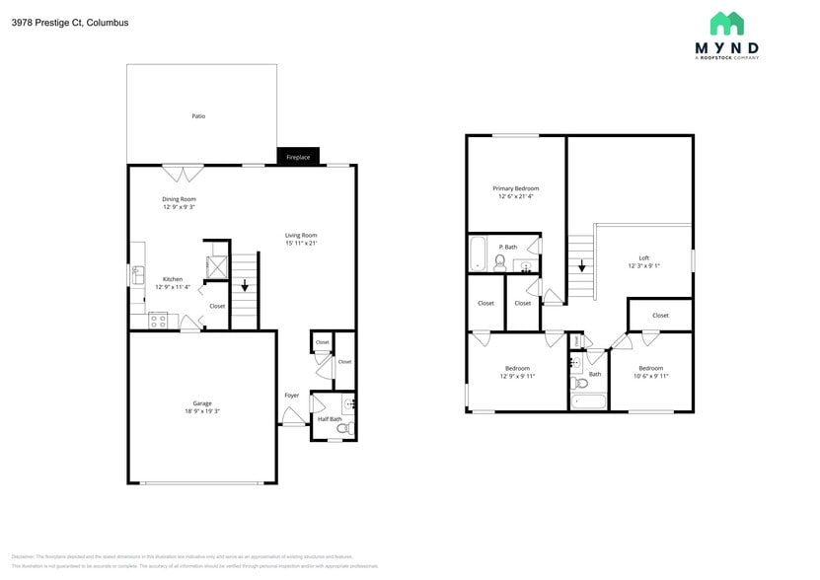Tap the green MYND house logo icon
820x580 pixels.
726,24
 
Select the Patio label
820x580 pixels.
198,116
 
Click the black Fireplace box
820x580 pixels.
298,157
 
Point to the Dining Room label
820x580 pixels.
179,199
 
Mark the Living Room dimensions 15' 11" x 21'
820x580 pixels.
301,243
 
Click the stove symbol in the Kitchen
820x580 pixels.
158,320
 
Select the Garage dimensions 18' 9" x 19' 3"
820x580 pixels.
202,411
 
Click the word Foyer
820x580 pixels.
291,396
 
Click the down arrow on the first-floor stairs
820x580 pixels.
245,286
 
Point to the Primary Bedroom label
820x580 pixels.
515,188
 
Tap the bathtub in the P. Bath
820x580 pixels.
478,254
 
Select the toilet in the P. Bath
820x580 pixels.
500,261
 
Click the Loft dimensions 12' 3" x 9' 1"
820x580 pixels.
643,266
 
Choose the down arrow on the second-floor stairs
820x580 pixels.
582,264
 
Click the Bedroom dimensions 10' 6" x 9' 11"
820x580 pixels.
650,376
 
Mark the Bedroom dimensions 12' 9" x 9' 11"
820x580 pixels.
517,376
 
